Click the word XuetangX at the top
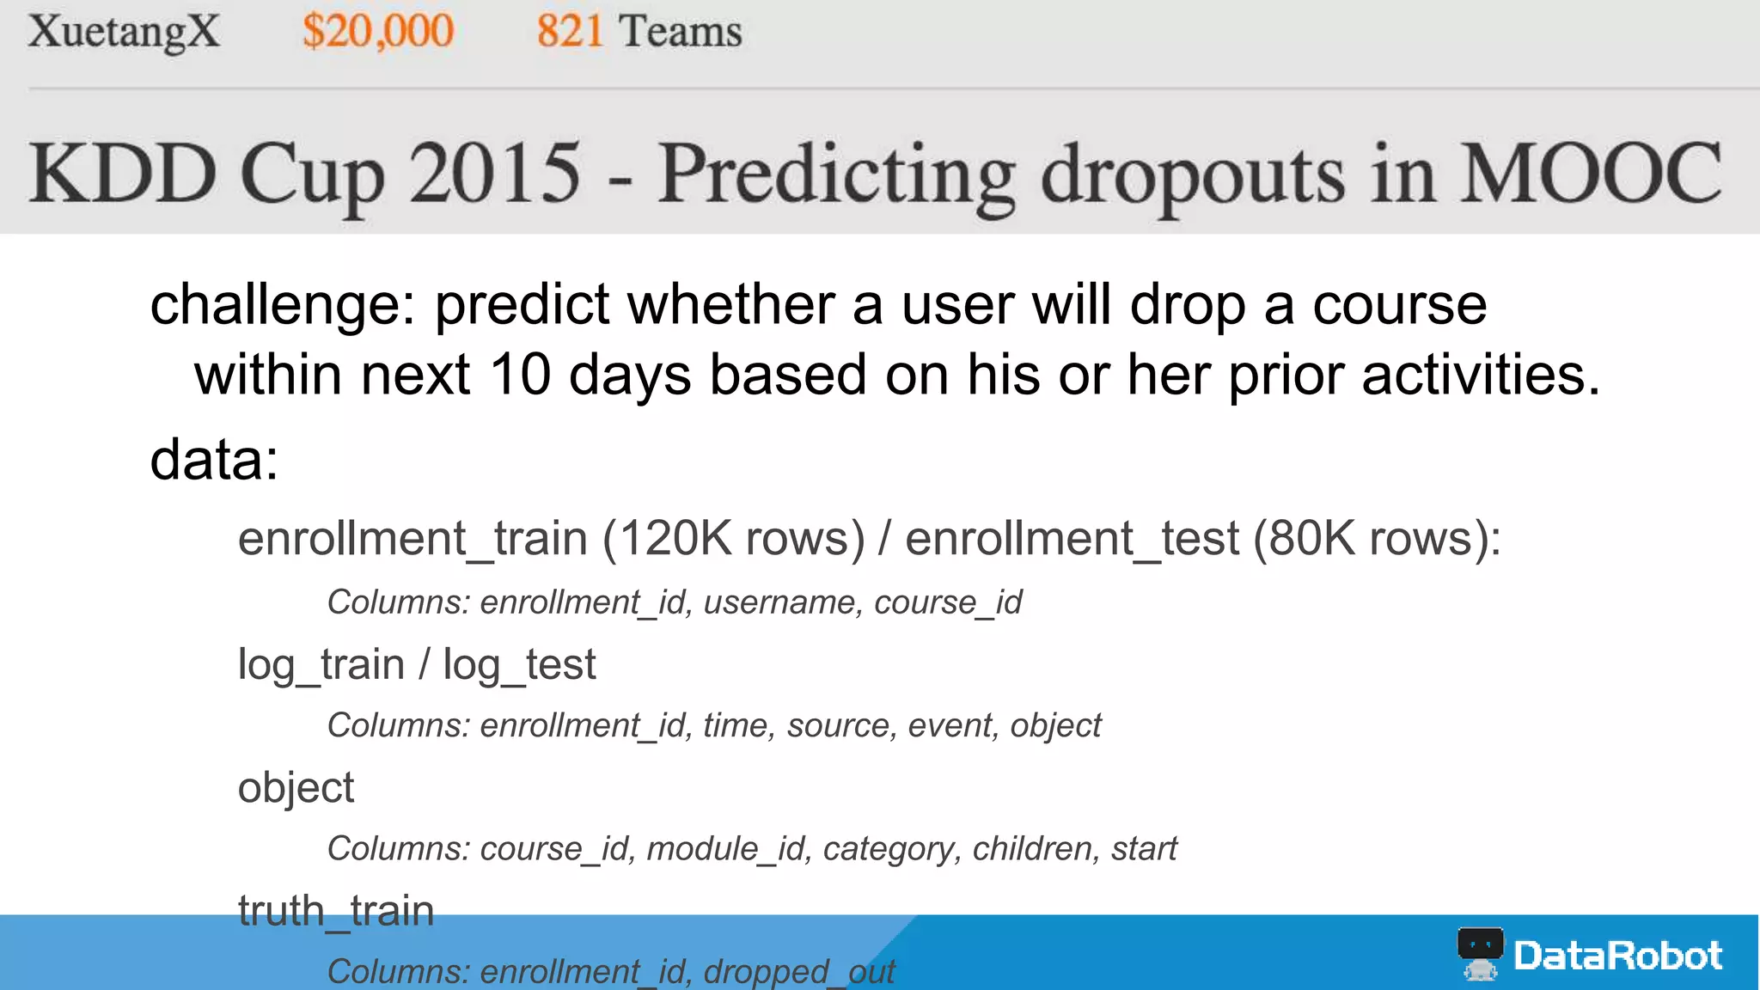point(124,33)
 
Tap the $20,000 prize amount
point(377,33)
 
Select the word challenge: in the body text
point(283,306)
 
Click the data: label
point(214,460)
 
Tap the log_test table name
point(519,665)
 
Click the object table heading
point(296,788)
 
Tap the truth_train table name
point(336,911)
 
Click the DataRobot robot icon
point(1480,953)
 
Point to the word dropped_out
point(799,972)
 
